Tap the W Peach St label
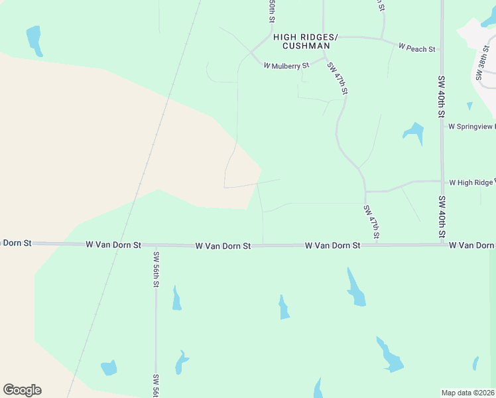click(416, 48)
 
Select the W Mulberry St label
click(286, 66)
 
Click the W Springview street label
click(471, 126)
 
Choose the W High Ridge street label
click(471, 182)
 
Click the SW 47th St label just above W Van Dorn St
click(371, 222)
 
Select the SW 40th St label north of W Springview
click(441, 97)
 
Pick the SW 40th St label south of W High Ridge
click(442, 217)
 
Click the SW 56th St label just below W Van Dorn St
click(156, 269)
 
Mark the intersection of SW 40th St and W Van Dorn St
click(442, 245)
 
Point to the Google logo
click(23, 390)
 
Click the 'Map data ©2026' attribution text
click(468, 393)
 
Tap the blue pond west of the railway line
click(34, 40)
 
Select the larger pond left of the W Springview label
click(414, 133)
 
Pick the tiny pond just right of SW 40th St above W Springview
click(470, 105)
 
